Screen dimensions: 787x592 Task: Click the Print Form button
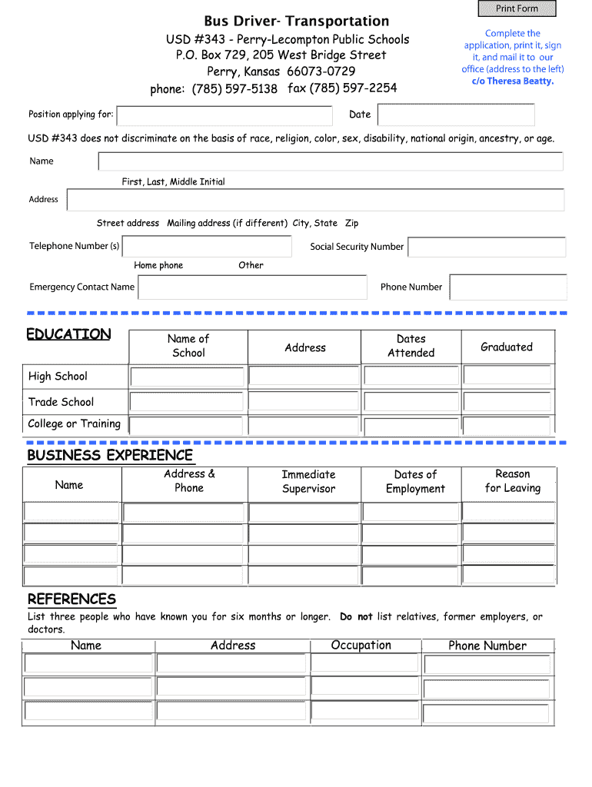pyautogui.click(x=517, y=8)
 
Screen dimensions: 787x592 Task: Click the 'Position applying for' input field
pyautogui.click(x=224, y=115)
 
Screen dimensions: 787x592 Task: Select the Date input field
pyautogui.click(x=456, y=115)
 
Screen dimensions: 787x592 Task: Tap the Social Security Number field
pyautogui.click(x=487, y=247)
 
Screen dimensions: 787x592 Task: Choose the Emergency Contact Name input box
pyautogui.click(x=252, y=287)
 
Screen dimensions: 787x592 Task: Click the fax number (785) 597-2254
pyautogui.click(x=342, y=88)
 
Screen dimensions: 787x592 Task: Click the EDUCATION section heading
pyautogui.click(x=69, y=334)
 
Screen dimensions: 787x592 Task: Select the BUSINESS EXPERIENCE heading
pyautogui.click(x=110, y=455)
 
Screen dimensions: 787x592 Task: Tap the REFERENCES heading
pyautogui.click(x=72, y=599)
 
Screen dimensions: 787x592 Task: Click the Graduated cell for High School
pyautogui.click(x=507, y=376)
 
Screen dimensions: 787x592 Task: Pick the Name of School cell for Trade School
pyautogui.click(x=187, y=401)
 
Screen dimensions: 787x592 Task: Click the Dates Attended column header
pyautogui.click(x=411, y=346)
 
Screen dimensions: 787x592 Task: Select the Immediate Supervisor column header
pyautogui.click(x=308, y=482)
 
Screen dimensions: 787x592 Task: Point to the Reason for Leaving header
pyautogui.click(x=513, y=481)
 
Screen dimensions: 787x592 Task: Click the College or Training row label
pyautogui.click(x=75, y=423)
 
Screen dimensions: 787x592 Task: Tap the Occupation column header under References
pyautogui.click(x=361, y=646)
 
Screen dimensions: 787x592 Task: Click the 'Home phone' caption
pyautogui.click(x=158, y=265)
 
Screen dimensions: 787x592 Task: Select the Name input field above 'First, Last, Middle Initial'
pyautogui.click(x=331, y=161)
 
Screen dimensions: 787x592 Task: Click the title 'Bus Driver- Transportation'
pyautogui.click(x=297, y=21)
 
